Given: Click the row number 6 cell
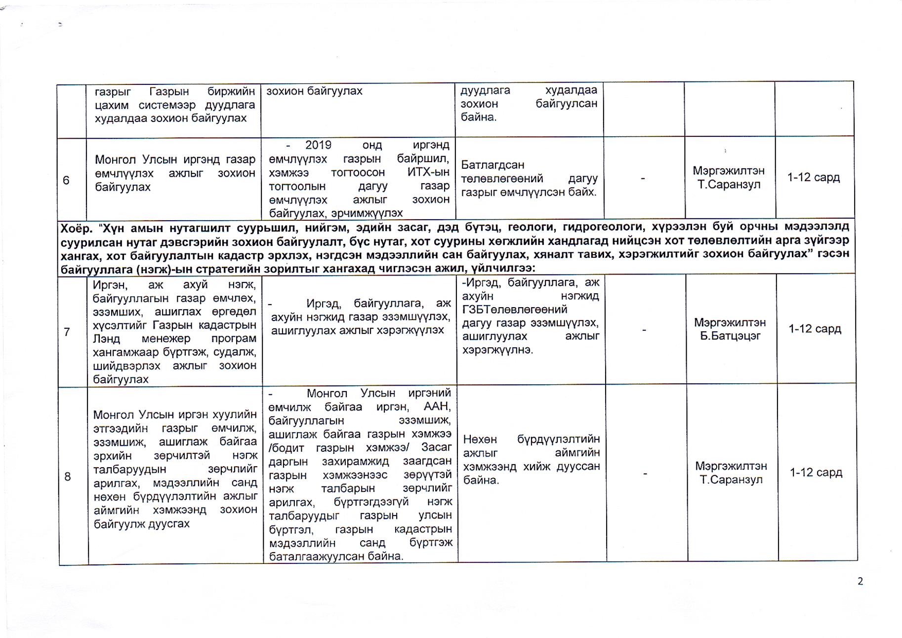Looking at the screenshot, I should pyautogui.click(x=66, y=180).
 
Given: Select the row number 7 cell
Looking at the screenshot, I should pyautogui.click(x=67, y=332).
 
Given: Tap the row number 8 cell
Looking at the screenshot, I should pyautogui.click(x=68, y=477).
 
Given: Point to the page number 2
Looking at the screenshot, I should pyautogui.click(x=860, y=581).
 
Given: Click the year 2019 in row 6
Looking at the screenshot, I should pyautogui.click(x=318, y=145).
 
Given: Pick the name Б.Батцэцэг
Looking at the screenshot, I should pyautogui.click(x=730, y=336).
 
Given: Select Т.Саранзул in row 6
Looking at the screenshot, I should pyautogui.click(x=729, y=185).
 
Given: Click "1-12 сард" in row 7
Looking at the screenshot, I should pyautogui.click(x=815, y=329).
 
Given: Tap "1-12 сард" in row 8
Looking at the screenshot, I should pyautogui.click(x=816, y=473).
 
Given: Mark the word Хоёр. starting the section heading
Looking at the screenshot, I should pyautogui.click(x=76, y=228).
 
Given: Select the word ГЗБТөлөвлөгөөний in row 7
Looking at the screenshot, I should pyautogui.click(x=515, y=310).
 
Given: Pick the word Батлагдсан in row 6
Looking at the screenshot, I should pyautogui.click(x=492, y=165).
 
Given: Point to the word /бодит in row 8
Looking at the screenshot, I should pyautogui.click(x=286, y=448).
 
